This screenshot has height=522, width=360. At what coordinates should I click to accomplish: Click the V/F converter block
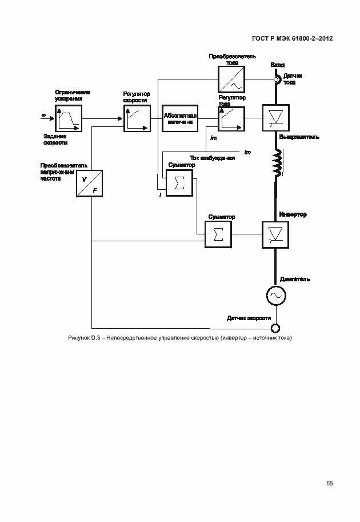click(90, 184)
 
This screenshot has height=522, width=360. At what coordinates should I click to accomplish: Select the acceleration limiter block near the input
click(69, 118)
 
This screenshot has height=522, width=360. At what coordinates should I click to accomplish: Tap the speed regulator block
click(135, 118)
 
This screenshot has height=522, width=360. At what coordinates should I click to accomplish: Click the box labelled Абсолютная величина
click(180, 118)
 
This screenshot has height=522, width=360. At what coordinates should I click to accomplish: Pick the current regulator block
click(230, 118)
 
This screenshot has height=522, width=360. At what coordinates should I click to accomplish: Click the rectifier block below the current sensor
click(275, 118)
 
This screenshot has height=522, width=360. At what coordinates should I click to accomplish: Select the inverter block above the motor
click(275, 234)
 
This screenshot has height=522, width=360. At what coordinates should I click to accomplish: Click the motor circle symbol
click(275, 295)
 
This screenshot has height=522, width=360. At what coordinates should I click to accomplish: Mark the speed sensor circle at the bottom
click(275, 328)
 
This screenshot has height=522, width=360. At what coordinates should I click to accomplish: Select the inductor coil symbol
click(277, 164)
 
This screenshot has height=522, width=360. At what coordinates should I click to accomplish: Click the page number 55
click(330, 484)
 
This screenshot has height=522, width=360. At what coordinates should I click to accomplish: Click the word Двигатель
click(295, 279)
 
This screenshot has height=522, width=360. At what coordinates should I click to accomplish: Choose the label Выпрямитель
click(299, 137)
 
